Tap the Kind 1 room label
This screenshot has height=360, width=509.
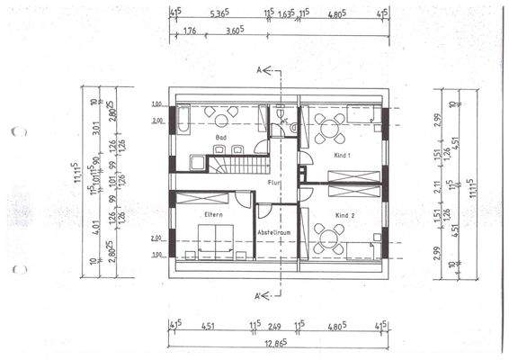(343, 157)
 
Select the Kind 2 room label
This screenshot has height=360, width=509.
(344, 217)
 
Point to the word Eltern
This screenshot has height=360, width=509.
(213, 214)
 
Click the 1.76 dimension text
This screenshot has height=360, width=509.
(189, 31)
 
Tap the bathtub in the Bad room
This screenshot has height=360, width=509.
(183, 121)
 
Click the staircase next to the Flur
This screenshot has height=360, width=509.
(239, 164)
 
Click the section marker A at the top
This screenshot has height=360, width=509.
(259, 68)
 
